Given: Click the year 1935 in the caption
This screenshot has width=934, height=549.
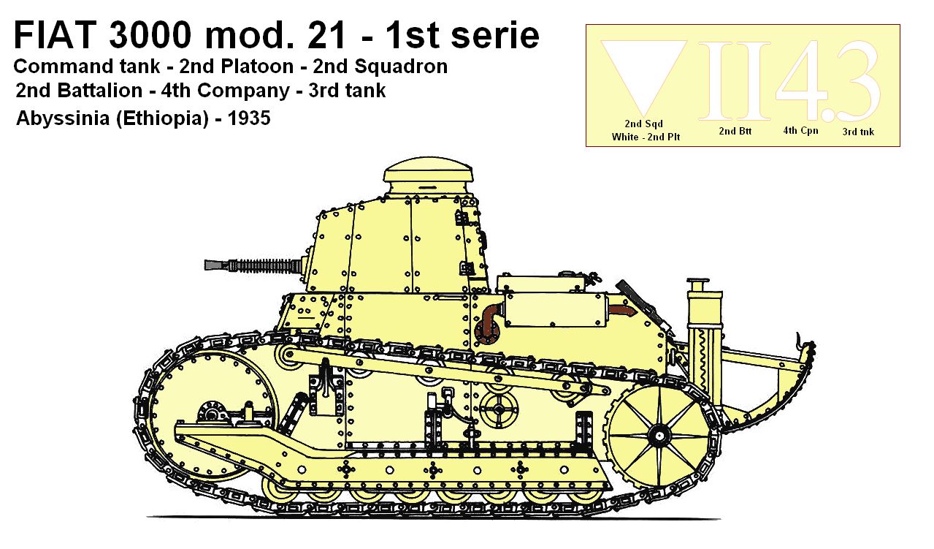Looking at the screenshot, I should [249, 118].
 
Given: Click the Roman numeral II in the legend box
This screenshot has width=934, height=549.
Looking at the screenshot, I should [734, 80].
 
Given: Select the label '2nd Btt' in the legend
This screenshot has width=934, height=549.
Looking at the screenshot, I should [735, 132].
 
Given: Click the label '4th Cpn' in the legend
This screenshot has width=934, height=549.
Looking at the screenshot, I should [800, 131].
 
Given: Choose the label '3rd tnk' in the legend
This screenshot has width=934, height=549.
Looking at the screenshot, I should [857, 132].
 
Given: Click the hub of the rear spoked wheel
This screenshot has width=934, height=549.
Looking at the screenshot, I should [659, 436].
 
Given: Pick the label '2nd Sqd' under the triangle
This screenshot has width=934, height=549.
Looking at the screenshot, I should [643, 124].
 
